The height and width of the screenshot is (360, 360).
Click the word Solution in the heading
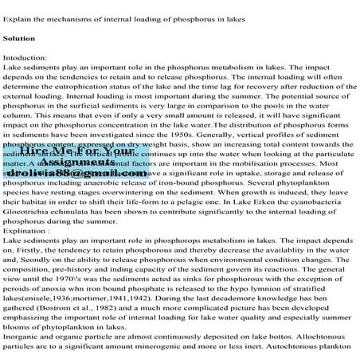18,37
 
